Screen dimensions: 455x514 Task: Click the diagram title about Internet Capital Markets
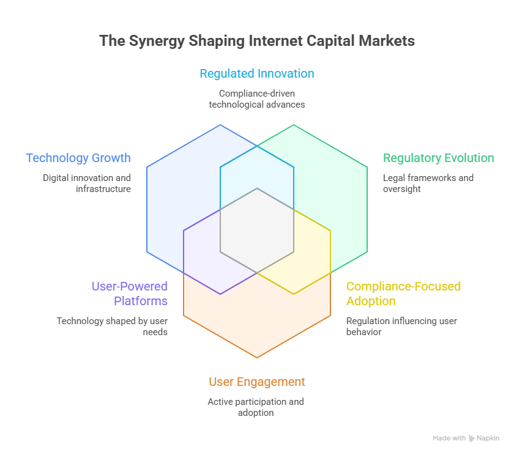[x=257, y=41]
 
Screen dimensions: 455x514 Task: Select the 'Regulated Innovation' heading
[x=257, y=74]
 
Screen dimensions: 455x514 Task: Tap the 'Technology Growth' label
[x=78, y=158]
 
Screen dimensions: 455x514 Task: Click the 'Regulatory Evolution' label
[x=438, y=158]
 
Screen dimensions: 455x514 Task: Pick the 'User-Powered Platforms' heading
[x=129, y=294]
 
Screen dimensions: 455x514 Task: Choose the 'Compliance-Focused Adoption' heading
[x=403, y=294]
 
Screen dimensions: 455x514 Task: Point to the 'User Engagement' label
[x=257, y=382]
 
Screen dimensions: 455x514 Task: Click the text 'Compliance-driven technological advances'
[x=257, y=99]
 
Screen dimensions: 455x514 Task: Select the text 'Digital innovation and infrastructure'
[x=87, y=183]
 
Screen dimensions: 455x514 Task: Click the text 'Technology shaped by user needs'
[x=112, y=327]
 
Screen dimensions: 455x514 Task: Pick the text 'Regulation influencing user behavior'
[x=401, y=327]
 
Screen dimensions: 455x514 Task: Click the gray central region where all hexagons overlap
[x=257, y=229]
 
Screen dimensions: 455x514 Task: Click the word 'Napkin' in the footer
[x=488, y=438]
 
